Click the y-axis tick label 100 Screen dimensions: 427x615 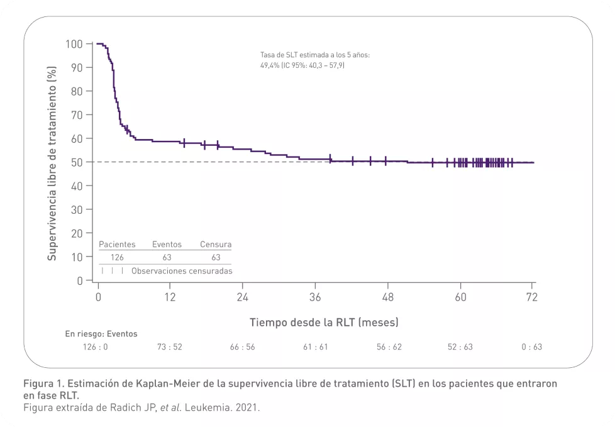pos(74,44)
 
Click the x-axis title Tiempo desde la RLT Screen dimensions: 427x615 pos(324,322)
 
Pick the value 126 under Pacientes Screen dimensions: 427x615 pos(117,257)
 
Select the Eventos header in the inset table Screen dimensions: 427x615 pos(167,245)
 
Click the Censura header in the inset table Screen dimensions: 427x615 pos(216,245)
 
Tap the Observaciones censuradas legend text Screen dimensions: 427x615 pos(182,271)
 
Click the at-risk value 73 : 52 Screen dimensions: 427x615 pos(170,347)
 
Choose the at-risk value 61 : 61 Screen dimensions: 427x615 pos(316,347)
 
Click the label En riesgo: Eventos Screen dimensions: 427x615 pos(101,334)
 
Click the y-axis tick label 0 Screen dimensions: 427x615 pos(79,280)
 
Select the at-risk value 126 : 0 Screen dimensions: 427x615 pos(96,347)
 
